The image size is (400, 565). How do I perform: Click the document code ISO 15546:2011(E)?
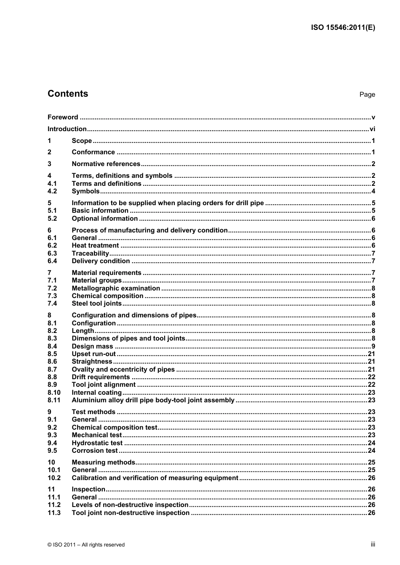coord(343,28)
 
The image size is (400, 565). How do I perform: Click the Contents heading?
coord(68,94)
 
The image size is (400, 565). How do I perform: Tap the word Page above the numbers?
coord(367,95)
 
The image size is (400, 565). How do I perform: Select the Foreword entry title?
coord(63,117)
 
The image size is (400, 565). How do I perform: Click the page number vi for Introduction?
coord(372,129)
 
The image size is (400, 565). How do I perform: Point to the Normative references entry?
coord(106,164)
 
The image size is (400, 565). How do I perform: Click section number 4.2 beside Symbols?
coord(52,191)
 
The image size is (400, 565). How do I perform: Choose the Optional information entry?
coord(104,219)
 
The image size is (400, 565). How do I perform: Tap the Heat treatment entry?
coord(95,246)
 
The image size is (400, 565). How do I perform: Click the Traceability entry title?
coord(90,253)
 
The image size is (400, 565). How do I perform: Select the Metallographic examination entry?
coord(116,288)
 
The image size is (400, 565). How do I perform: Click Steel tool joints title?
coord(96,304)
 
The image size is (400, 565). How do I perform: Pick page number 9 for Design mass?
coord(373,346)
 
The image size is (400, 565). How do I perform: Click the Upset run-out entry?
coord(93,354)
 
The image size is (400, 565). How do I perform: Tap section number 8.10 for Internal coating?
coord(54,393)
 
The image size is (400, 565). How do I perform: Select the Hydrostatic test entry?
coord(97,443)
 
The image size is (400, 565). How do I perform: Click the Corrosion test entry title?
coord(95,451)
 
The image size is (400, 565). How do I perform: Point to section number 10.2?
coord(54,478)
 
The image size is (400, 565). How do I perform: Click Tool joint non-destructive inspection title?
coord(131,513)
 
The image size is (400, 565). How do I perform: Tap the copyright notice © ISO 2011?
coord(86,545)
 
